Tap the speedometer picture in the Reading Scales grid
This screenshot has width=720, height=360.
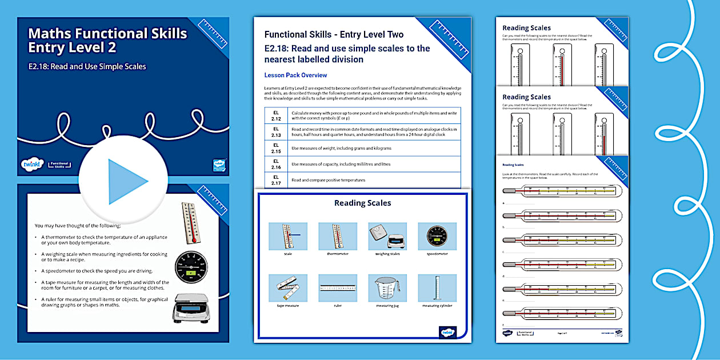tap(437, 236)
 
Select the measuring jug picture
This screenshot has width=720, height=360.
tap(387, 287)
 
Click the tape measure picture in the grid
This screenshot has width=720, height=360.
tap(287, 287)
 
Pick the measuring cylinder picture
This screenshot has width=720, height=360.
tap(437, 287)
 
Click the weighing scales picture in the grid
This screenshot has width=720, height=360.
tap(387, 236)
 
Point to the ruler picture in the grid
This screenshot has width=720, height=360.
tap(338, 287)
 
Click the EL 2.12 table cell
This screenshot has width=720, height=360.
tap(276, 116)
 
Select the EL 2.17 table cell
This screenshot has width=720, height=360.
tap(276, 180)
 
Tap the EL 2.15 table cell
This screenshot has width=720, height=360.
tap(276, 148)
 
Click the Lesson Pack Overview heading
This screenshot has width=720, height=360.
tap(295, 75)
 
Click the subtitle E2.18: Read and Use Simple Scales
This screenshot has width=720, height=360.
tap(87, 67)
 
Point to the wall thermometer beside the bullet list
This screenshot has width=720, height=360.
tap(191, 222)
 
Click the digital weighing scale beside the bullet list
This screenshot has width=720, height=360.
tap(191, 309)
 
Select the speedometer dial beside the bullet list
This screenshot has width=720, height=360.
tap(191, 267)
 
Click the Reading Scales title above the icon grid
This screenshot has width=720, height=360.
tap(362, 203)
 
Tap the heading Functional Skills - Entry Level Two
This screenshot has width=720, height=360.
tap(334, 35)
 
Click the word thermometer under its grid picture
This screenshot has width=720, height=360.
tap(337, 254)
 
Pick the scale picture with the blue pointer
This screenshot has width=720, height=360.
tap(287, 236)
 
